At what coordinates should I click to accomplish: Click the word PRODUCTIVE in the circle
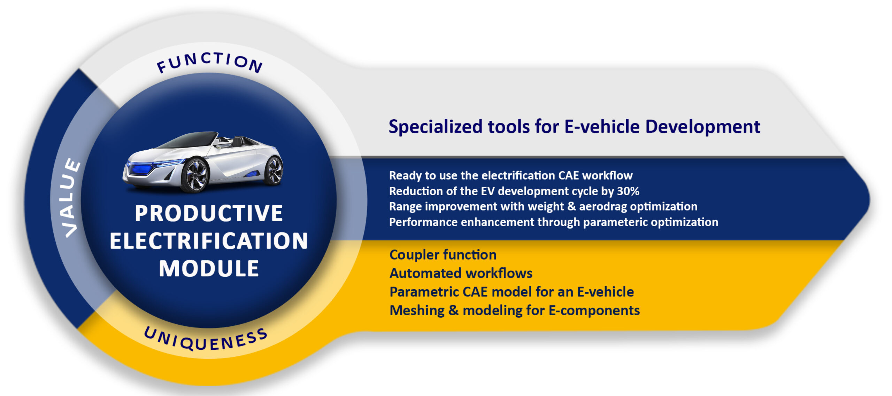[x=208, y=213]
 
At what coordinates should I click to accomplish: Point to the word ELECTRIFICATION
[x=209, y=241]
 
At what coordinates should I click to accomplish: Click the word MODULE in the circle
[x=209, y=269]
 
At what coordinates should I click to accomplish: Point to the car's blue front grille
[x=141, y=169]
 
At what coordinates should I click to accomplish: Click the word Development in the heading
[x=703, y=127]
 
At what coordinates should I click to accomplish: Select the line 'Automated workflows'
[x=461, y=274]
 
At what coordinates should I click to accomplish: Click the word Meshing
[x=417, y=311]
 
